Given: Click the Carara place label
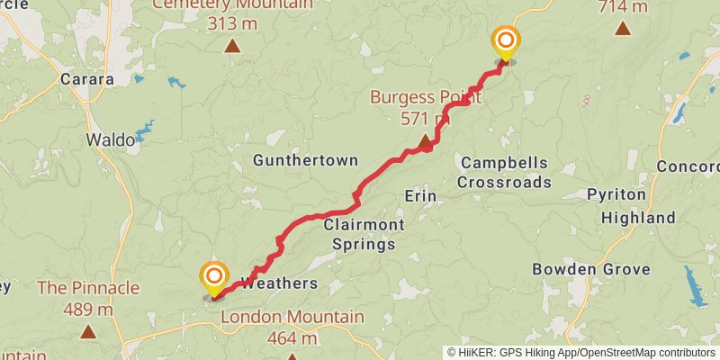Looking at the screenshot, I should click(86, 79).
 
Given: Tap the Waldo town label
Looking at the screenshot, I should click(110, 139).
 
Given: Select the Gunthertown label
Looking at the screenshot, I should click(305, 160).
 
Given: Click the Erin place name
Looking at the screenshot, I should click(420, 196).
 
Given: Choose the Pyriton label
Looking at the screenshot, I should click(616, 195).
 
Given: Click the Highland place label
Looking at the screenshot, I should click(638, 218).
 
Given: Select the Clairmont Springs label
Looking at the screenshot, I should click(360, 234).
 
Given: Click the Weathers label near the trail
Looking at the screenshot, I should click(280, 283).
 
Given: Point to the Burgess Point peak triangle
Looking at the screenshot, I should click(425, 140).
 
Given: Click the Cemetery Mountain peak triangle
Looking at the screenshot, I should click(232, 45).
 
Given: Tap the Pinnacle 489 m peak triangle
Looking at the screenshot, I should click(88, 331).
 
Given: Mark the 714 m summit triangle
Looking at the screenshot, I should click(622, 28).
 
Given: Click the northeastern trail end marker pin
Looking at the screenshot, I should click(506, 42).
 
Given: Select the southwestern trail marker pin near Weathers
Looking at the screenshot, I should click(214, 276).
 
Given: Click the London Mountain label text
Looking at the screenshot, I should click(292, 317).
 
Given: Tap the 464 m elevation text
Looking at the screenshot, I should click(292, 338).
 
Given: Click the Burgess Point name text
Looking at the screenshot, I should click(427, 97).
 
